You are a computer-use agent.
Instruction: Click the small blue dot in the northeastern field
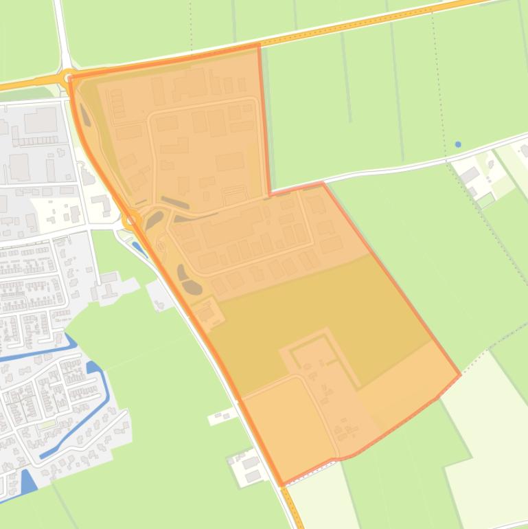[x=458, y=144]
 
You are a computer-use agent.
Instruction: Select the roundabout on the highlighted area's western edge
[x=130, y=220]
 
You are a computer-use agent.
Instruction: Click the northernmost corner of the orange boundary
[x=259, y=46]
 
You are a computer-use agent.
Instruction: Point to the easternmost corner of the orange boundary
[x=460, y=375]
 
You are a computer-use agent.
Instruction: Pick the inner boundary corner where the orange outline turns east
[x=271, y=193]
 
